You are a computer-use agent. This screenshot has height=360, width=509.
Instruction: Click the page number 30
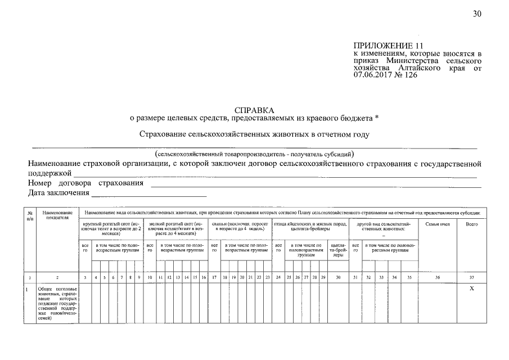pos(477,15)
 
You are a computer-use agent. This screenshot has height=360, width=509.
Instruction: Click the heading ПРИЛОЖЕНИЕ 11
pos(388,46)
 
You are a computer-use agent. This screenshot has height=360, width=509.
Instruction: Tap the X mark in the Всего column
pos(471,289)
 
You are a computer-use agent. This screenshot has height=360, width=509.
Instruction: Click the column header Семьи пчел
pos(438,224)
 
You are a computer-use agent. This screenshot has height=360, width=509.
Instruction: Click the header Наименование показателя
pos(57,215)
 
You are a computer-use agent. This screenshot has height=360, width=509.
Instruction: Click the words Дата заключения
pos(58,193)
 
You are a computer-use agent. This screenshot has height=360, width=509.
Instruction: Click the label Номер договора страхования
pos(85,183)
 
